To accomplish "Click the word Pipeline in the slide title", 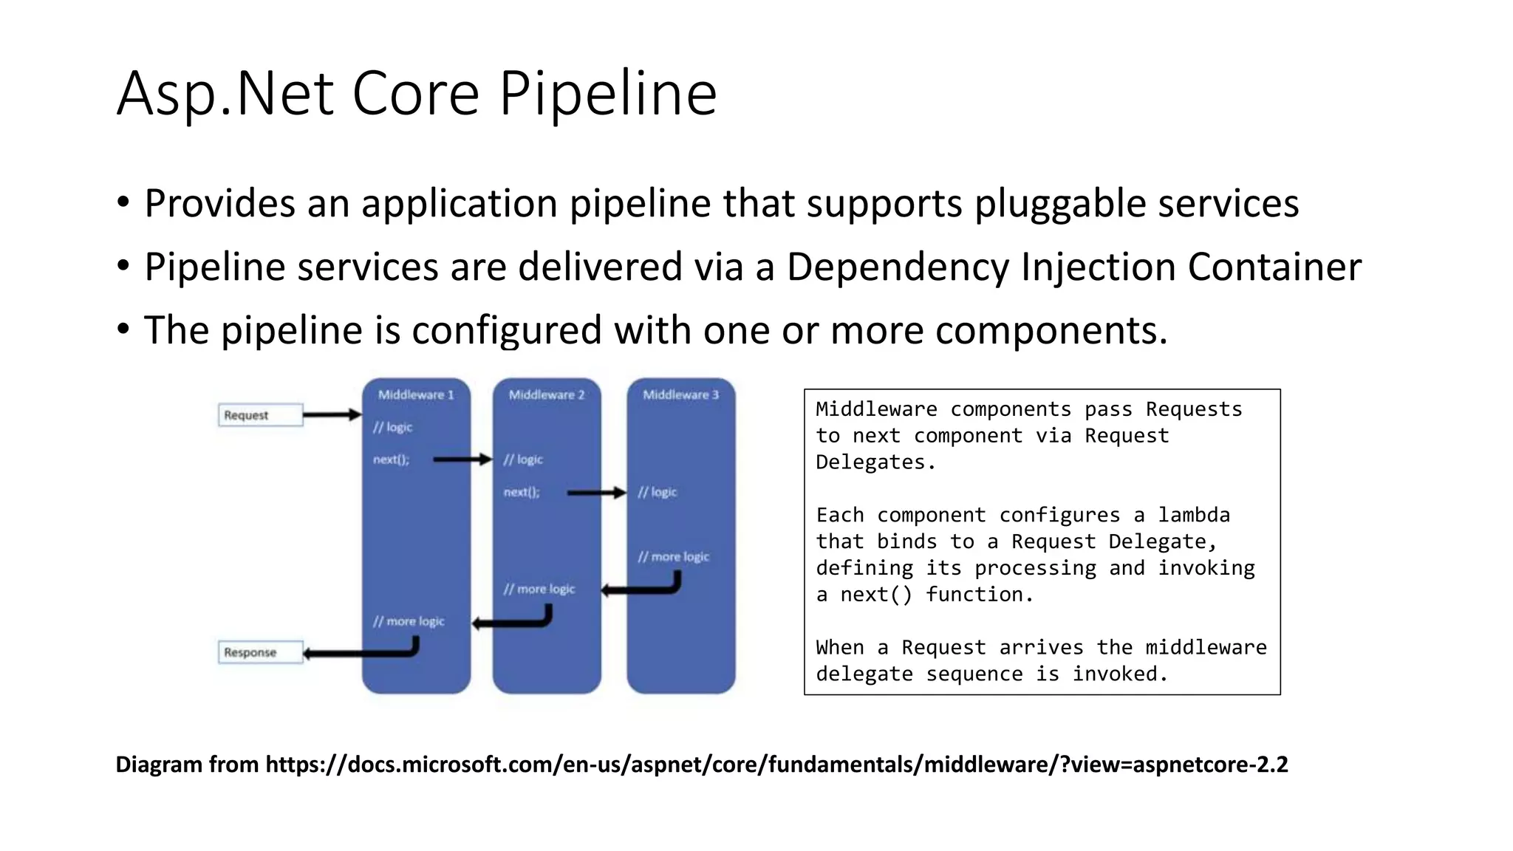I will pos(607,95).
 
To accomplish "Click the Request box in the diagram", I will pos(260,415).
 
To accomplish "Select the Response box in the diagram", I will pos(260,652).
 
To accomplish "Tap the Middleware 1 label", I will pos(416,394).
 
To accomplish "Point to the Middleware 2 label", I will pos(547,394).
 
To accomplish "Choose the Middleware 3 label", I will pos(680,394).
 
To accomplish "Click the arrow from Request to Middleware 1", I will pos(332,415).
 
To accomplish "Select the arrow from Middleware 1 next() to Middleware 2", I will pos(462,459).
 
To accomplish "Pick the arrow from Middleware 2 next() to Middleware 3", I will pos(596,492).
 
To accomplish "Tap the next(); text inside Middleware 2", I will pos(522,492).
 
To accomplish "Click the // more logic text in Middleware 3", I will pos(673,557).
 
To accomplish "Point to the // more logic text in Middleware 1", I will pos(409,621).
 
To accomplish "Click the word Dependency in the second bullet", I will pos(897,267).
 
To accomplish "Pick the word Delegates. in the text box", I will pos(875,462).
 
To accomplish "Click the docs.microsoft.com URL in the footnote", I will pos(776,764).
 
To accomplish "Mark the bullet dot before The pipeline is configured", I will pos(123,329).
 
